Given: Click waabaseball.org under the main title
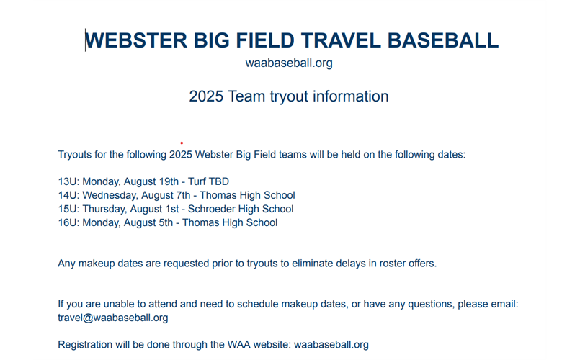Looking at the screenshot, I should pyautogui.click(x=289, y=63).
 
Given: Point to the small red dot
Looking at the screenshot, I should pyautogui.click(x=182, y=143).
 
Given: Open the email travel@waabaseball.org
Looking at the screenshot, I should pyautogui.click(x=113, y=318).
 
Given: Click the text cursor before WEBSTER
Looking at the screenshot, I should pyautogui.click(x=86, y=40).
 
